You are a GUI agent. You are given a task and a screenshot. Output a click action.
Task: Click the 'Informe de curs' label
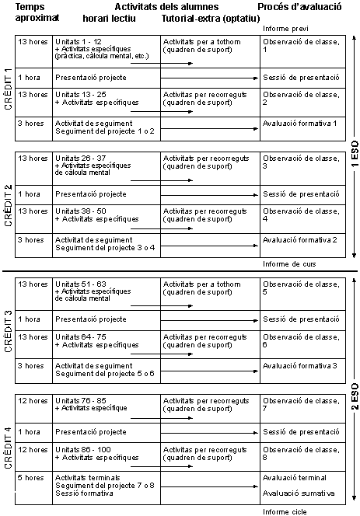pyautogui.click(x=288, y=263)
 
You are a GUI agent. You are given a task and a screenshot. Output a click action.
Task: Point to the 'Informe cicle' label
pyautogui.click(x=285, y=511)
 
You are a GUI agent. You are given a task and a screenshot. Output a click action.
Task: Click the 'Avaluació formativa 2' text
pyautogui.click(x=299, y=239)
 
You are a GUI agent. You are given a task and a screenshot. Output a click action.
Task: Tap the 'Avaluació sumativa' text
pyautogui.click(x=299, y=493)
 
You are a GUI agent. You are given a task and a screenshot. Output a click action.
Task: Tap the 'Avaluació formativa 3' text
pyautogui.click(x=299, y=365)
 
